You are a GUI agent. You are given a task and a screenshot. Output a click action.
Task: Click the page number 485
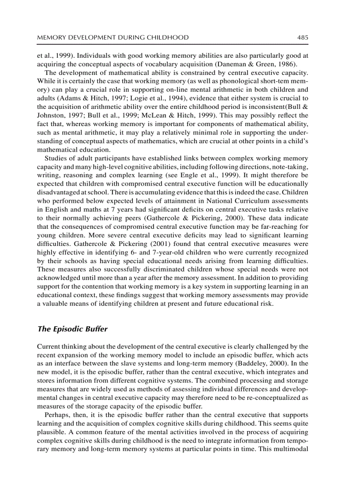[x=302, y=37]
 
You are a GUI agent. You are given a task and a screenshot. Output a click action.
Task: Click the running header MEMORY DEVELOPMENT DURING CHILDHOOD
[x=112, y=37]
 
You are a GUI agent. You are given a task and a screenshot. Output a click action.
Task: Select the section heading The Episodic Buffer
[x=72, y=329]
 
